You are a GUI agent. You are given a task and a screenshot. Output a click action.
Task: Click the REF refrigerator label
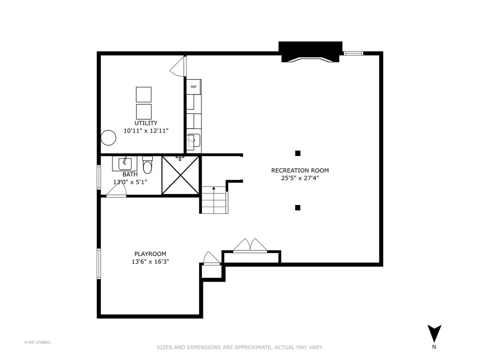click(x=193, y=87)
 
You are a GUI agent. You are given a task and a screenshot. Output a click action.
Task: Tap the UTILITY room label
click(x=146, y=123)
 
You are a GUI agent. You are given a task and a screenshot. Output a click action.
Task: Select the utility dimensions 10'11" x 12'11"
click(x=146, y=131)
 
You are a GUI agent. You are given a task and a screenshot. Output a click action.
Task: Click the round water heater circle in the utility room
click(x=108, y=138)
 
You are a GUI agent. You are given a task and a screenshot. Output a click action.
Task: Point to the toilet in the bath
click(x=147, y=165)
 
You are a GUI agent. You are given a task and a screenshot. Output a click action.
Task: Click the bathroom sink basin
click(x=125, y=164)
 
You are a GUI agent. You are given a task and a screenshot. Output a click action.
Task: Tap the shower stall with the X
click(x=180, y=175)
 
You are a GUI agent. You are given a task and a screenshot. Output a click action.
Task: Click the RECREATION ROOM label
click(x=300, y=171)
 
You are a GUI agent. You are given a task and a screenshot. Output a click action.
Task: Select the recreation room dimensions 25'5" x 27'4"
click(x=300, y=178)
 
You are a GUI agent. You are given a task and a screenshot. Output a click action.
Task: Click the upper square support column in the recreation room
click(x=298, y=153)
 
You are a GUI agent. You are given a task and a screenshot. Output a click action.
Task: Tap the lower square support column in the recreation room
click(x=298, y=208)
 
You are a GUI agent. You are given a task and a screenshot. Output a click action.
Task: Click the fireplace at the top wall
click(x=310, y=52)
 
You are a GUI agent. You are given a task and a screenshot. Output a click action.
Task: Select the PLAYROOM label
click(x=150, y=254)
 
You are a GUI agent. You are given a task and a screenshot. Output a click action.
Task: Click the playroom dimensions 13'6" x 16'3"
click(x=150, y=262)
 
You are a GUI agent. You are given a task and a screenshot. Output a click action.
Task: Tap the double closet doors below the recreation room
click(x=250, y=246)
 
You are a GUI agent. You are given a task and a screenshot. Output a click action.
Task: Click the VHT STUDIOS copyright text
click(x=37, y=342)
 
